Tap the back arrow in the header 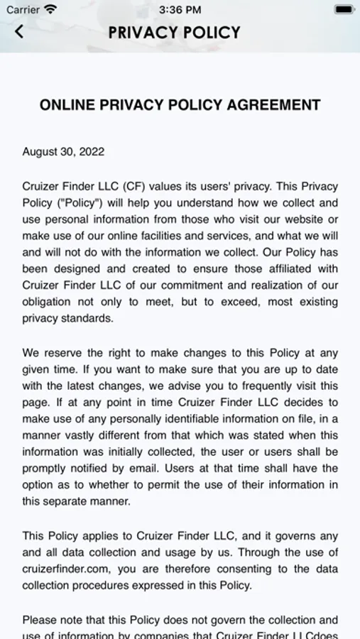[19, 31]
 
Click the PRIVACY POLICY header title [175, 32]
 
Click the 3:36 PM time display [180, 10]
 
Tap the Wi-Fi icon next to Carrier [50, 10]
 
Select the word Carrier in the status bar [23, 10]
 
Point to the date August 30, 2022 [63, 152]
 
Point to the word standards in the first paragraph [87, 318]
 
